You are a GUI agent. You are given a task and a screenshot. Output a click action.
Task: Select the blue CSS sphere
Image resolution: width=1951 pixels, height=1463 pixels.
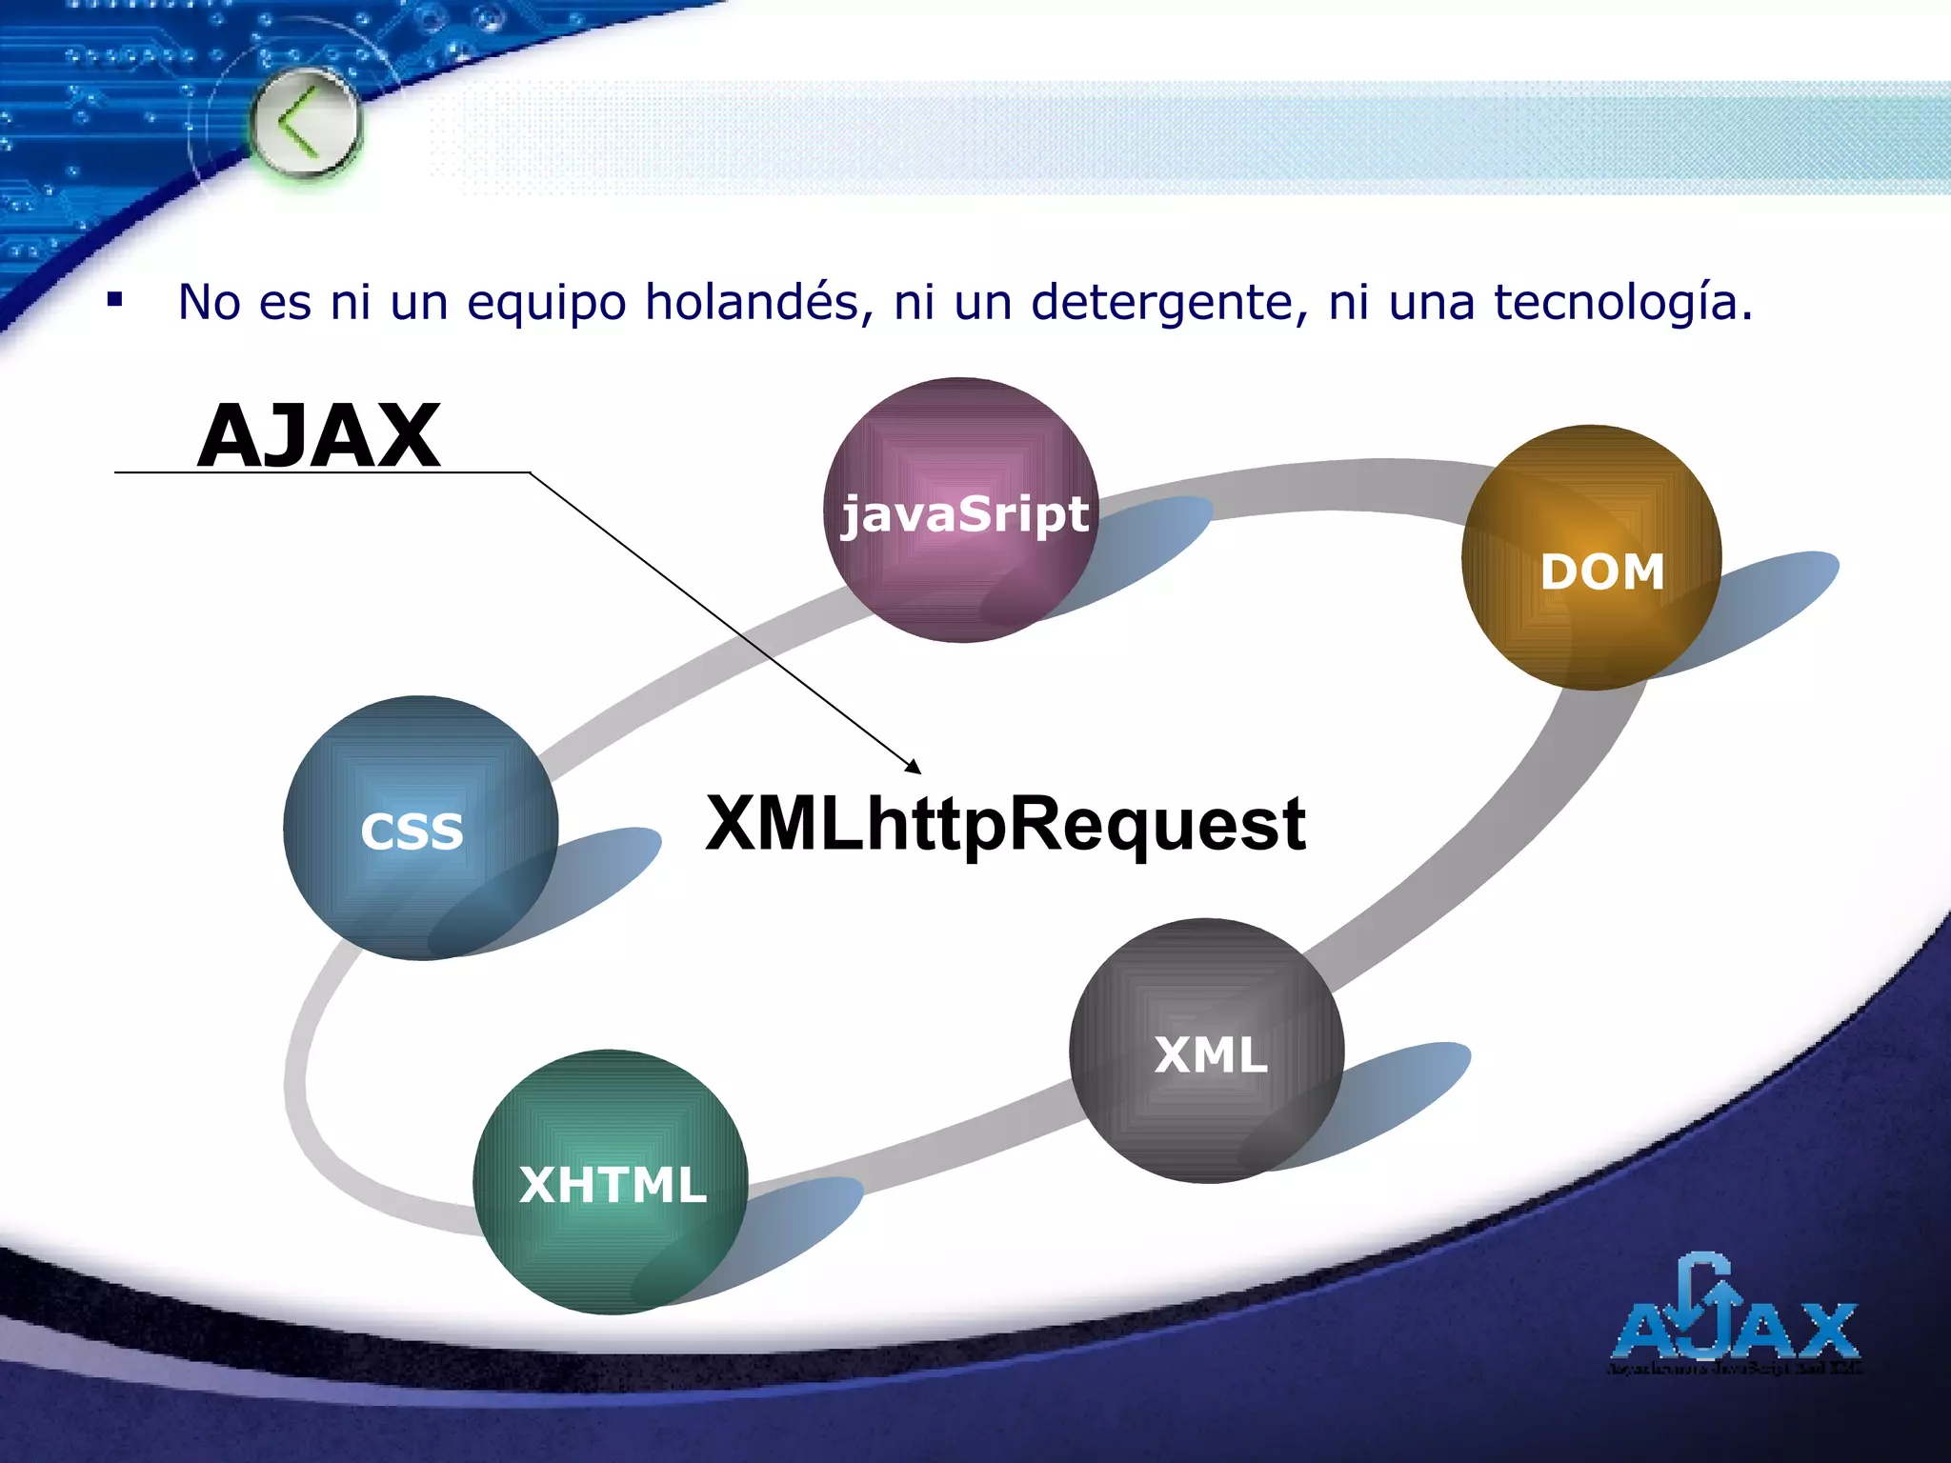pyautogui.click(x=420, y=828)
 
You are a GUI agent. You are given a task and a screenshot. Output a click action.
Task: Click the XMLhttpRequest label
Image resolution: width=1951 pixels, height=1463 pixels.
pyautogui.click(x=1005, y=824)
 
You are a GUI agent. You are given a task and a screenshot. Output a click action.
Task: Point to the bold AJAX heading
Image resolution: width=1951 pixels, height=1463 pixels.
pyautogui.click(x=319, y=435)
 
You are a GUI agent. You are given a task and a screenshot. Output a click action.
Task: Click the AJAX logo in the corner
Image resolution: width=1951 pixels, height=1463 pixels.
pyautogui.click(x=1735, y=1318)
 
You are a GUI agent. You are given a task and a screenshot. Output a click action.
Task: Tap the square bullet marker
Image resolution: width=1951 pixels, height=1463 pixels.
pyautogui.click(x=115, y=301)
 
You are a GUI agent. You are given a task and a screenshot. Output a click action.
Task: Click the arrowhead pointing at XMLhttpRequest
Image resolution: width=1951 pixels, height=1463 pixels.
pyautogui.click(x=914, y=767)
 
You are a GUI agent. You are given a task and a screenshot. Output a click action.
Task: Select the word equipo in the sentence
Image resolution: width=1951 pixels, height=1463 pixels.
pyautogui.click(x=546, y=304)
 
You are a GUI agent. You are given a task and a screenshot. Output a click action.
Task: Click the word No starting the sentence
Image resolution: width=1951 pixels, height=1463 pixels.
pyautogui.click(x=209, y=302)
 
